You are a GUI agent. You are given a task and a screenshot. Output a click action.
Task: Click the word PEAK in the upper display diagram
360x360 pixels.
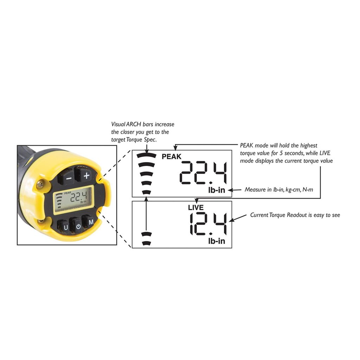[x=171, y=156]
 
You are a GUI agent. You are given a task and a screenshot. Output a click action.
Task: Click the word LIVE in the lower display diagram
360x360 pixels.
[x=196, y=207]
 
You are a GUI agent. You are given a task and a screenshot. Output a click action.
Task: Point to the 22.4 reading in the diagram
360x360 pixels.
[x=203, y=173]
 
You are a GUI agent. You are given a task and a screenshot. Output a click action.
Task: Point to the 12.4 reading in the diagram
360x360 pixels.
[x=208, y=224]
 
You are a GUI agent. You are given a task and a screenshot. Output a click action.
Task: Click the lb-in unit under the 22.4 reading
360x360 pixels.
[x=217, y=190]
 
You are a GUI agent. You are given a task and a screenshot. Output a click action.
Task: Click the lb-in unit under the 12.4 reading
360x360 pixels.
[x=217, y=241]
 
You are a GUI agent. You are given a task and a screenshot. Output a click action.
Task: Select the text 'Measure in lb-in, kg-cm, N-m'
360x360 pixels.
[x=279, y=189]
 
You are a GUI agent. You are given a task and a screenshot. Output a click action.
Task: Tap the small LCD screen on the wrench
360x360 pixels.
[x=73, y=199]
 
